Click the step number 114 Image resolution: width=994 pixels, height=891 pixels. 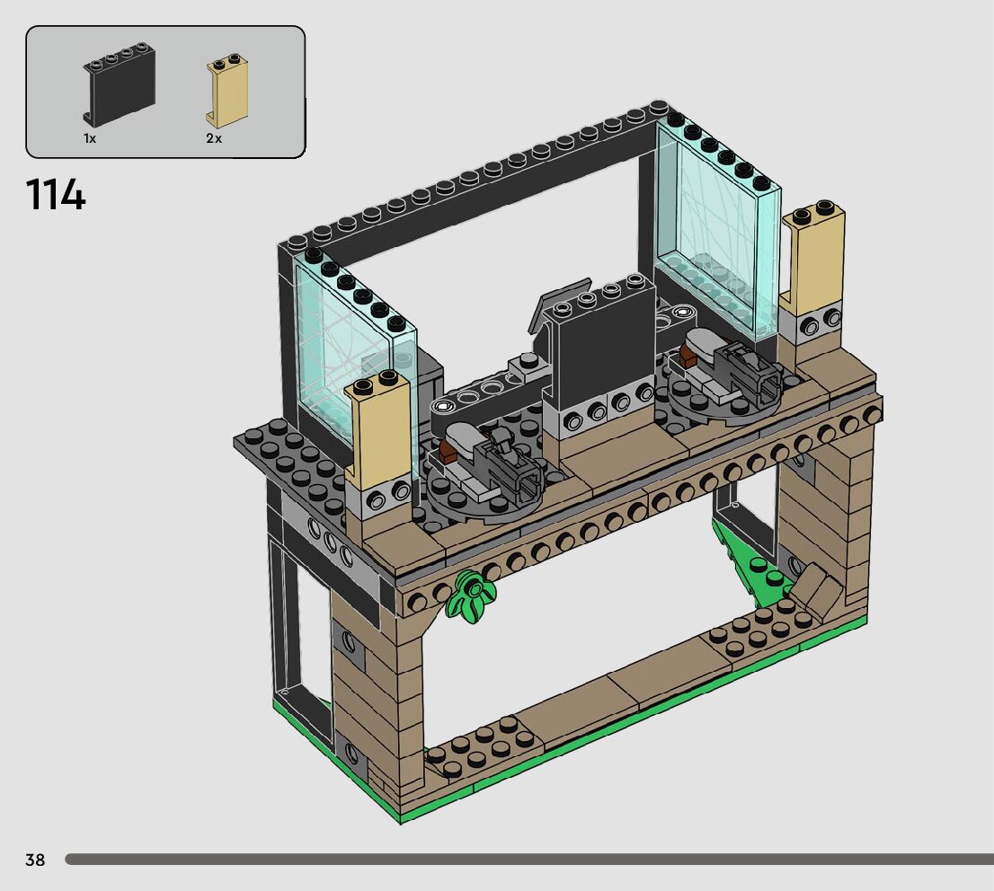click(55, 195)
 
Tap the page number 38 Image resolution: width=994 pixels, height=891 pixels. click(35, 860)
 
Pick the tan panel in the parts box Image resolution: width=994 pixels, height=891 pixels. click(226, 92)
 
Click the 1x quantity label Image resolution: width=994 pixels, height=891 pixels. click(89, 138)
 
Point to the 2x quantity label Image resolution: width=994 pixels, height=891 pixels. click(214, 138)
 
